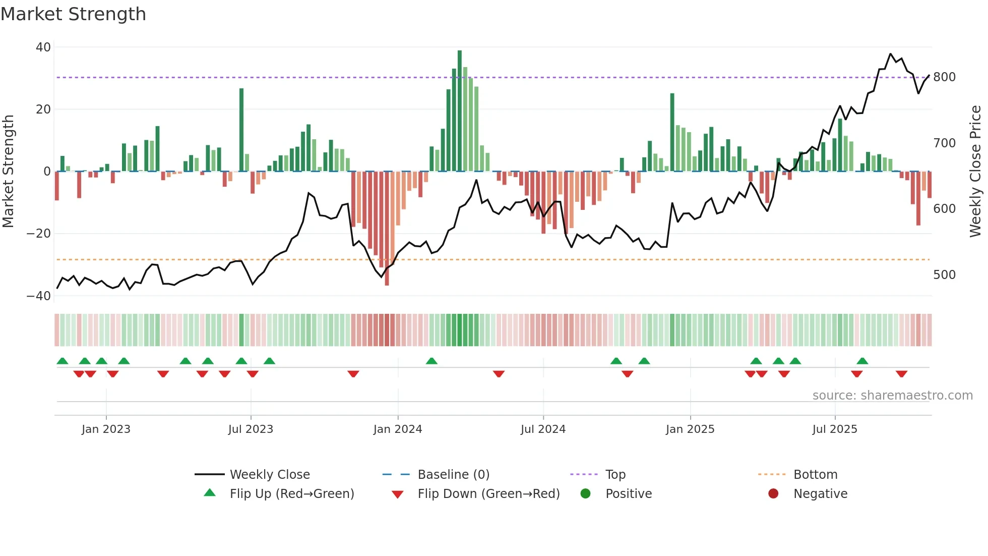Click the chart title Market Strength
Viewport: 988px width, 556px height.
click(73, 14)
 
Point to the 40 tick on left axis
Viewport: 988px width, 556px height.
click(43, 47)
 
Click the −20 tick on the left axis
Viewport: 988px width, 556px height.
click(39, 234)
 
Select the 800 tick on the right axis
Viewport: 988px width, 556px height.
click(944, 77)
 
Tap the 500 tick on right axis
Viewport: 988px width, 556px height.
click(944, 275)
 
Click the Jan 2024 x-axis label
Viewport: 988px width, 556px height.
click(398, 429)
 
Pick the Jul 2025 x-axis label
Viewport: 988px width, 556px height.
click(835, 429)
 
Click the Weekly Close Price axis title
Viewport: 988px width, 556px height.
click(975, 172)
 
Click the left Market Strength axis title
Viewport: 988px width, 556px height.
click(8, 172)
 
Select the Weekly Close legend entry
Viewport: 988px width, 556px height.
click(270, 475)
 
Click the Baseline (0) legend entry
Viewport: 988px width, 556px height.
click(453, 475)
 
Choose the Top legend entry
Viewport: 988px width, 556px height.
click(615, 475)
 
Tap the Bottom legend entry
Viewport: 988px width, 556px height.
click(815, 475)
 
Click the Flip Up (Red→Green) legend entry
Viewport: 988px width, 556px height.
click(292, 494)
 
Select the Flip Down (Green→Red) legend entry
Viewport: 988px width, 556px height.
click(488, 494)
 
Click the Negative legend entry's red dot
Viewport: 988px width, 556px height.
click(773, 494)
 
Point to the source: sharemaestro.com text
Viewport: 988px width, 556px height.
click(892, 396)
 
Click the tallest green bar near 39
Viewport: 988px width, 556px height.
click(460, 111)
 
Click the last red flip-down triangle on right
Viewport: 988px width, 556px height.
click(902, 374)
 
